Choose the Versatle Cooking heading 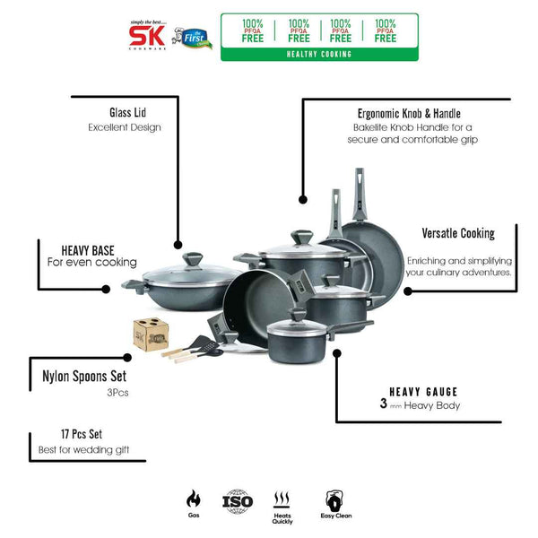click(457, 234)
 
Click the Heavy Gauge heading click(423, 392)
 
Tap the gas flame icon click(193, 499)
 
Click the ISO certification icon click(239, 500)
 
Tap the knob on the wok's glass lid click(199, 260)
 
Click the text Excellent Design click(125, 127)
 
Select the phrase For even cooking click(92, 263)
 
